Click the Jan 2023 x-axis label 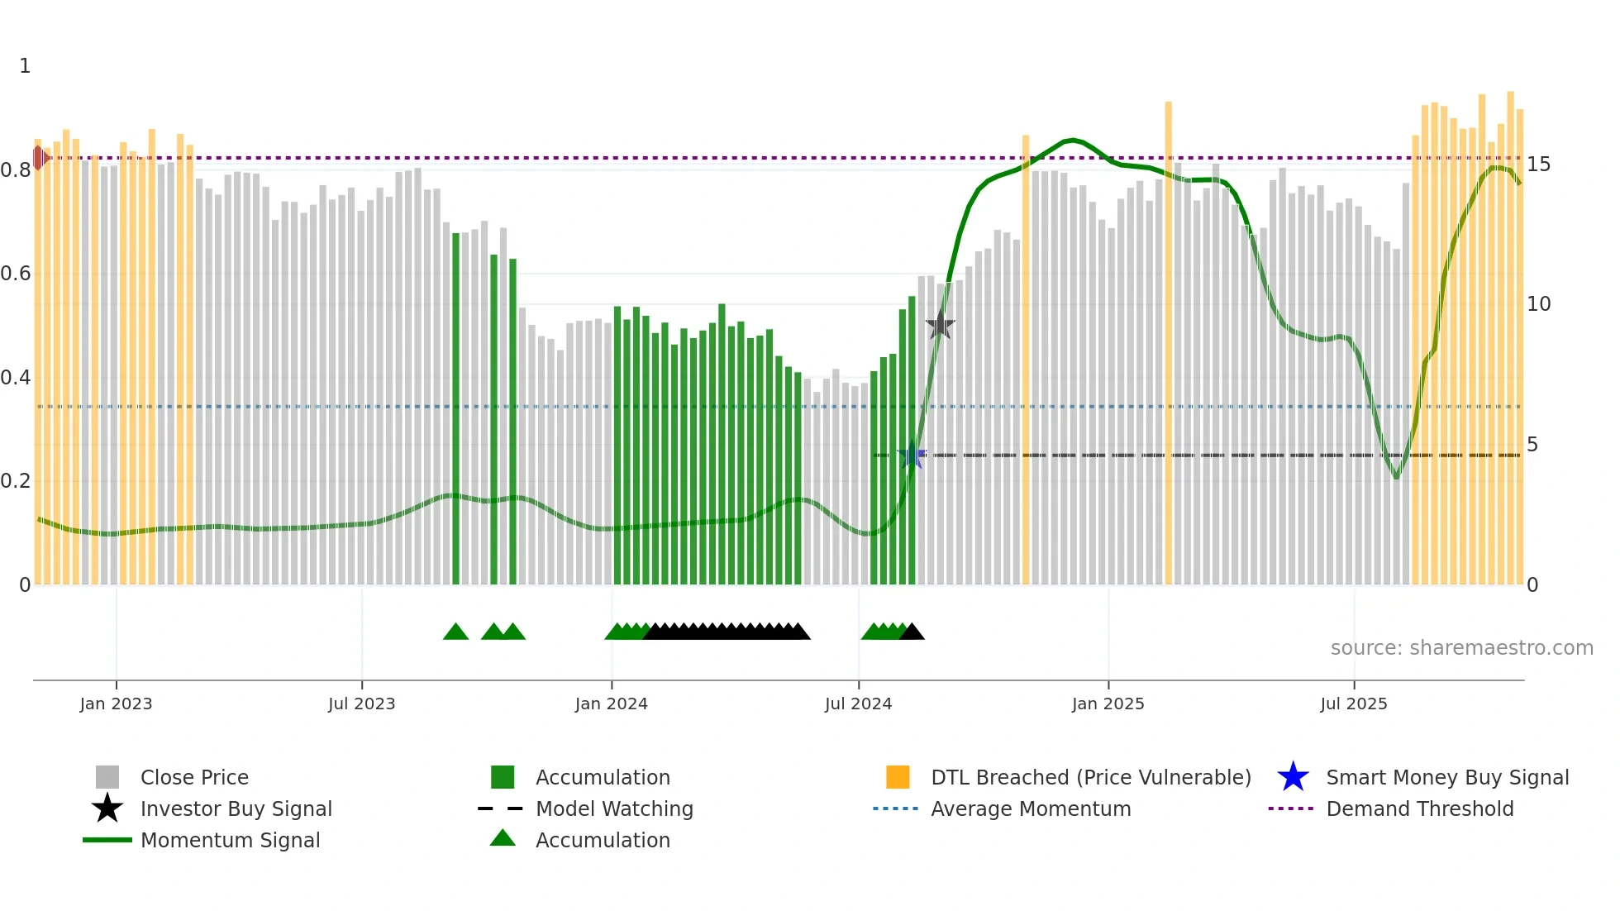pyautogui.click(x=116, y=704)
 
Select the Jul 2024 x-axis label pyautogui.click(x=858, y=704)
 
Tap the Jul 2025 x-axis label pyautogui.click(x=1353, y=704)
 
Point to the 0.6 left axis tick pyautogui.click(x=17, y=274)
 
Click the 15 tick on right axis pyautogui.click(x=1538, y=165)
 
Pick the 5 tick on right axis pyautogui.click(x=1532, y=445)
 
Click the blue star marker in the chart pyautogui.click(x=912, y=455)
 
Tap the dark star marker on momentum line pyautogui.click(x=940, y=325)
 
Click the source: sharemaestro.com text pyautogui.click(x=1461, y=648)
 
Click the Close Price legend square pyautogui.click(x=107, y=777)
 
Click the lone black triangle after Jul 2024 pyautogui.click(x=912, y=632)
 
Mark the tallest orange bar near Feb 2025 pyautogui.click(x=1168, y=331)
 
